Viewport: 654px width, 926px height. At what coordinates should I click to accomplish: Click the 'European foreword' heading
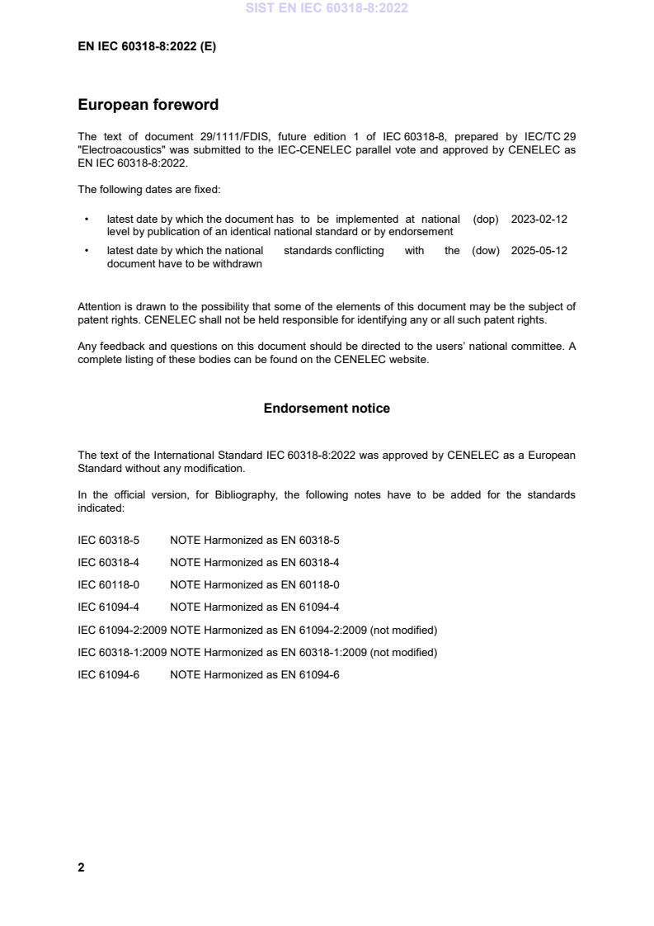(148, 105)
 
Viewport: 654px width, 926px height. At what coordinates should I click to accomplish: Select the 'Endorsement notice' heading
(327, 409)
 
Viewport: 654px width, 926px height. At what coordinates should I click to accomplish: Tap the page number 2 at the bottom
(81, 867)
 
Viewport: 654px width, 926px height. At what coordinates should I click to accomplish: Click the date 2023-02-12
(539, 220)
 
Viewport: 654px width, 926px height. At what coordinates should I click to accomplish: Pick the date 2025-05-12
(539, 251)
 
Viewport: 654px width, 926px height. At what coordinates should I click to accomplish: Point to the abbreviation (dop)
(486, 220)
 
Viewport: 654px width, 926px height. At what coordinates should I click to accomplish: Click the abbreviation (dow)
(486, 251)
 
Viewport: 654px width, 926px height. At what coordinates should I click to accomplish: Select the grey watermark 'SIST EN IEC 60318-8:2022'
(327, 8)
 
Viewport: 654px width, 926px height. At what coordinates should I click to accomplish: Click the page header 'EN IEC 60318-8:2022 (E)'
(147, 47)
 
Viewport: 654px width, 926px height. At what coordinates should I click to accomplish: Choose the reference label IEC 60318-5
(108, 541)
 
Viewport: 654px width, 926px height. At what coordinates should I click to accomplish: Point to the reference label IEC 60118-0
(108, 585)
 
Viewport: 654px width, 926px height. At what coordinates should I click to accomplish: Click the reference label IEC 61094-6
(108, 675)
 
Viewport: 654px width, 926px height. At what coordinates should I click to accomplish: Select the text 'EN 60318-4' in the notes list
(310, 563)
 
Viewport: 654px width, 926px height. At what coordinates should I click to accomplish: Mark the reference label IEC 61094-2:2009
(122, 631)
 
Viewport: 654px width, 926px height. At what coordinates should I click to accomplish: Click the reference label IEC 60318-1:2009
(122, 653)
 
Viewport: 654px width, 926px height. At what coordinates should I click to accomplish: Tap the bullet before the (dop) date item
(87, 220)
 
